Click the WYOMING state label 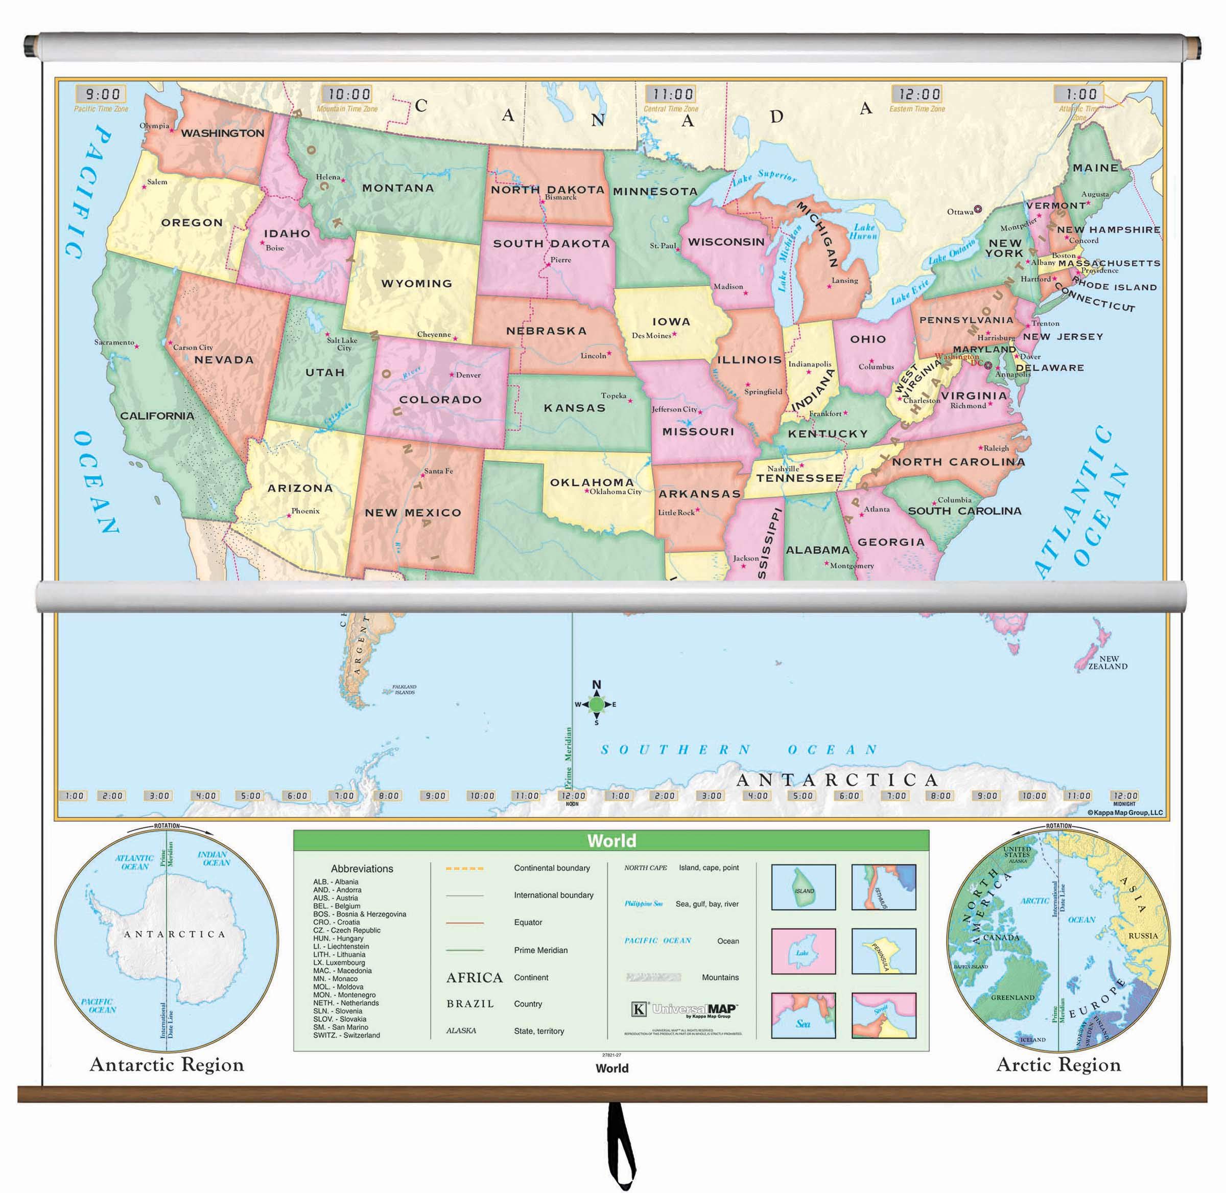pos(416,284)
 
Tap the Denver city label pos(468,375)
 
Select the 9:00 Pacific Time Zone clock pos(102,95)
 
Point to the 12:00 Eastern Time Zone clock pos(918,95)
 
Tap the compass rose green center pos(597,704)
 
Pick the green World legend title pos(611,840)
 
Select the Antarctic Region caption pos(167,1065)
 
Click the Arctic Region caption pos(1058,1065)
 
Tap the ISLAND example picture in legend pos(804,887)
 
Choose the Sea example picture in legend pos(804,1015)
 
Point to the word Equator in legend pos(528,922)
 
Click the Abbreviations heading pos(362,868)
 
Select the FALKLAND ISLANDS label pos(405,689)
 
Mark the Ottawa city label pos(960,212)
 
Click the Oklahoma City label pos(616,492)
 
